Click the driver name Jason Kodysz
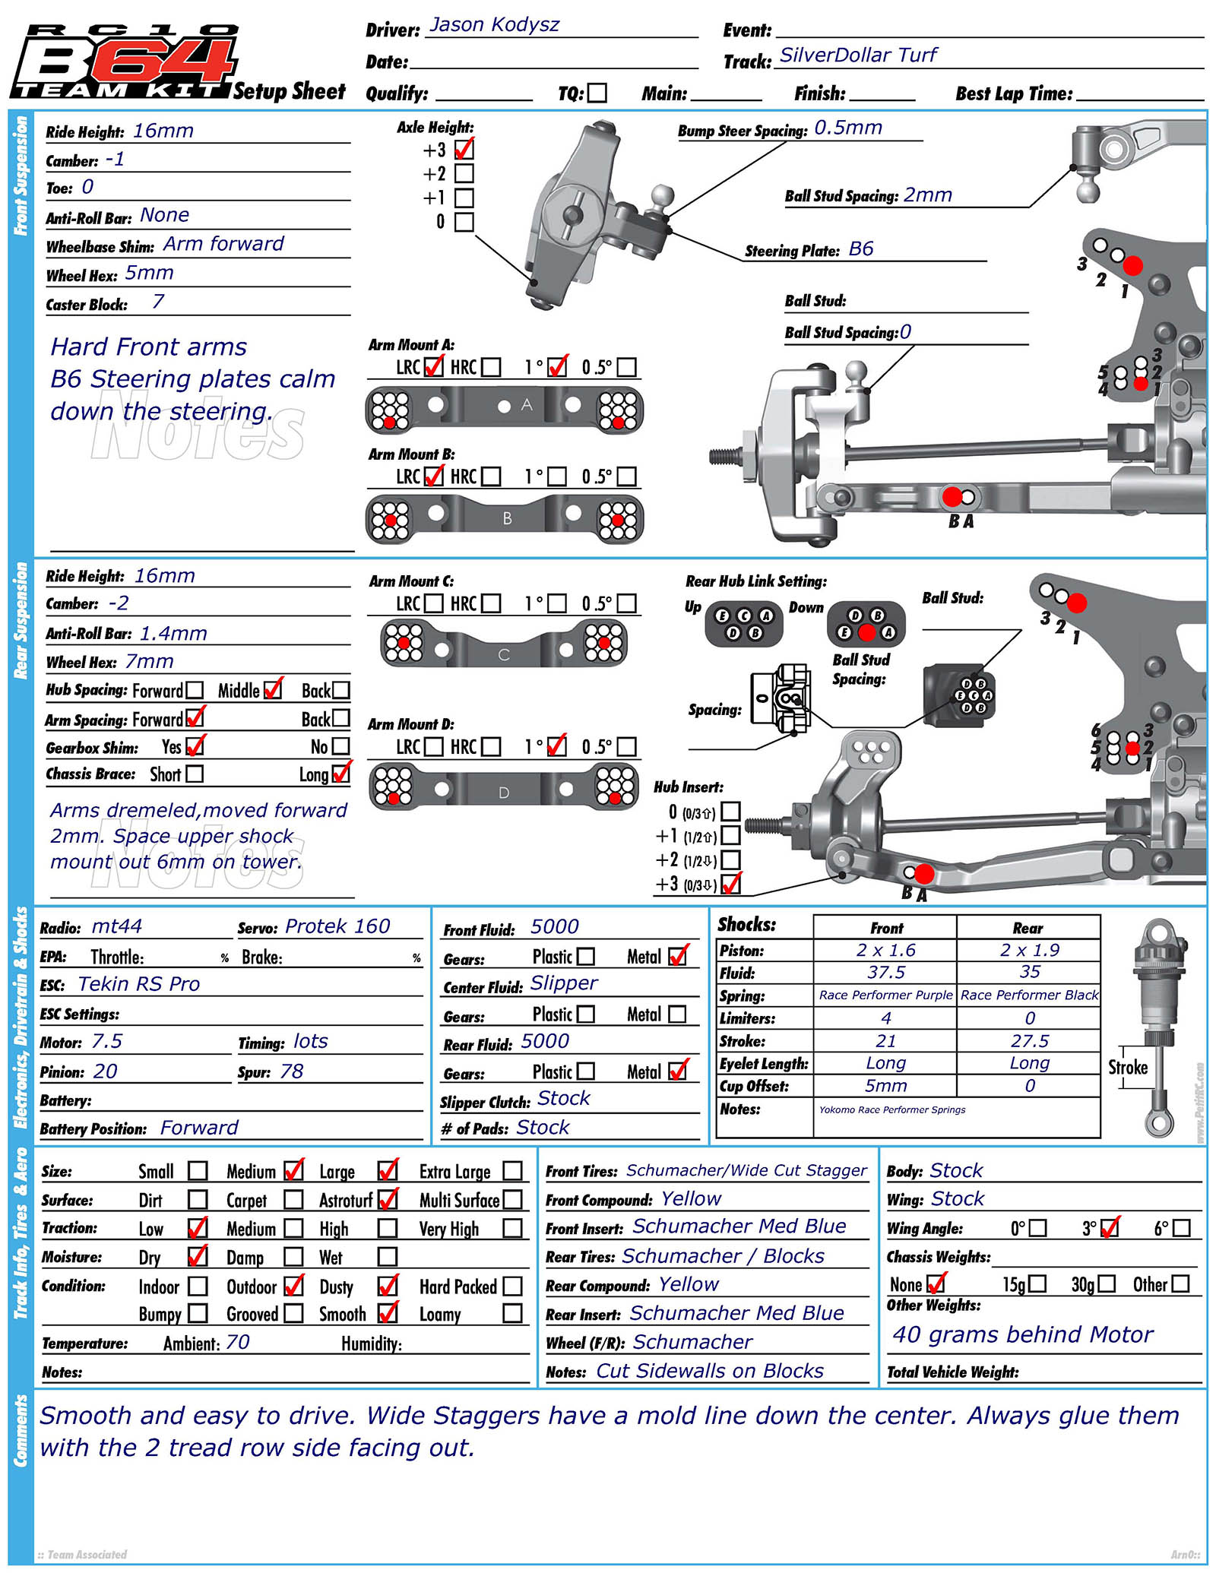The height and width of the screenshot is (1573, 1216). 494,25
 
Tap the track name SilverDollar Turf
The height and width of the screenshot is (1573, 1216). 858,55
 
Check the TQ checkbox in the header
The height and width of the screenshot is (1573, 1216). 597,93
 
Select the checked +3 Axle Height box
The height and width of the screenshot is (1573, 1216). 464,149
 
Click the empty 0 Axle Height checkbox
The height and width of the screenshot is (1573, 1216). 464,222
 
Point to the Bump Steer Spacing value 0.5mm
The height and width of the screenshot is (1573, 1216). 848,128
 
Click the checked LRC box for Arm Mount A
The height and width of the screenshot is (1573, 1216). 433,367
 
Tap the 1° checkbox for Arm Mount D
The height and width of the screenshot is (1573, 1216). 557,746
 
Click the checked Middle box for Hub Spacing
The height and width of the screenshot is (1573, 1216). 272,690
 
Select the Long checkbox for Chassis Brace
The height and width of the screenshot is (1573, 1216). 341,774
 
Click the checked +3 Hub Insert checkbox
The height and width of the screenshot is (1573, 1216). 730,884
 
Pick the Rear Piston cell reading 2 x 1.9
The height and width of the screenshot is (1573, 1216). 1029,950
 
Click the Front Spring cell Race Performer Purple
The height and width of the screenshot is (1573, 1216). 885,995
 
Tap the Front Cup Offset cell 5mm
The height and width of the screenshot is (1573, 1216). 885,1085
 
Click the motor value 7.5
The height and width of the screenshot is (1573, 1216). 106,1041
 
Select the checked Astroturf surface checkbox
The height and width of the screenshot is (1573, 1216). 388,1200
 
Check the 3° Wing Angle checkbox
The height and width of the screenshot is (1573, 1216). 1110,1228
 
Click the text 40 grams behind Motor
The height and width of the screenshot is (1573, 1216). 1022,1334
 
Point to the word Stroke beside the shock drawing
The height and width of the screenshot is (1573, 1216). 1128,1067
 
